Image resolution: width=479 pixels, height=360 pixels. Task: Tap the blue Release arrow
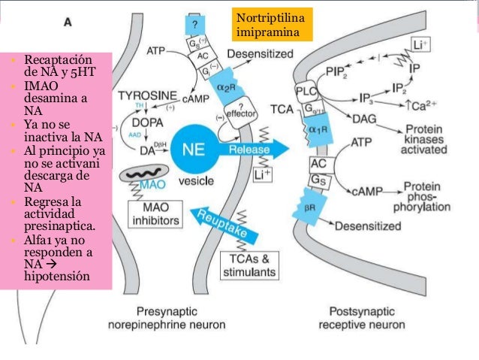click(x=255, y=149)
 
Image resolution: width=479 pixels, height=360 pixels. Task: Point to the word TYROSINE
click(x=147, y=97)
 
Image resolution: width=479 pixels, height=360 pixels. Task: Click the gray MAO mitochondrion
click(x=147, y=183)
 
